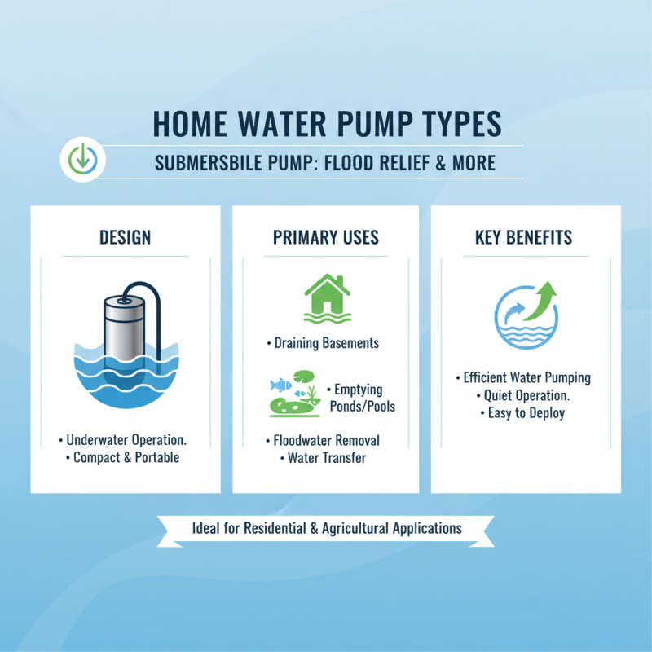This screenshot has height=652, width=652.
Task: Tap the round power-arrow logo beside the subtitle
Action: pos(81,158)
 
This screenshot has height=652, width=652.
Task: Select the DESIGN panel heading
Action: pos(125,238)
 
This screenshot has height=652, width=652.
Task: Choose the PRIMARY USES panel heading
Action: pos(326,238)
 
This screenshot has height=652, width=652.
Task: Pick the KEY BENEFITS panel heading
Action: pos(523,238)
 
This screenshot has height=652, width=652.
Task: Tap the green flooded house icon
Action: pos(326,296)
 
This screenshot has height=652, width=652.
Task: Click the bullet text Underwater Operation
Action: pos(124,439)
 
